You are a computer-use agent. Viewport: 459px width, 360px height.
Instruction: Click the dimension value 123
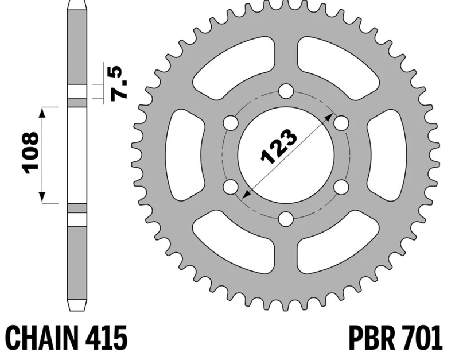(279, 147)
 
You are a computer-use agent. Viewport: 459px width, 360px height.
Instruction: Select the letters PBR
(369, 339)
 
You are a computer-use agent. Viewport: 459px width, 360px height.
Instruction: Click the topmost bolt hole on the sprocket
(286, 91)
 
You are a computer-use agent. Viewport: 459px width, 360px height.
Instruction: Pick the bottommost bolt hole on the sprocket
(286, 219)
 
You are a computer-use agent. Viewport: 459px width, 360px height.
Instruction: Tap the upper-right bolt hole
(341, 123)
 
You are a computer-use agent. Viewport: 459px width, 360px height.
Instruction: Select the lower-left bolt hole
(231, 187)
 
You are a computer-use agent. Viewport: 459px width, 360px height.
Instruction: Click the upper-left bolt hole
(231, 123)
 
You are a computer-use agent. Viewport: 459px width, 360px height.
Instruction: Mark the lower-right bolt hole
(341, 187)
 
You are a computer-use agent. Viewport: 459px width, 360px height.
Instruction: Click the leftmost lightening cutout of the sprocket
(185, 155)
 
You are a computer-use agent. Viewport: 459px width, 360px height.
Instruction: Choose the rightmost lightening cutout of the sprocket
(387, 155)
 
